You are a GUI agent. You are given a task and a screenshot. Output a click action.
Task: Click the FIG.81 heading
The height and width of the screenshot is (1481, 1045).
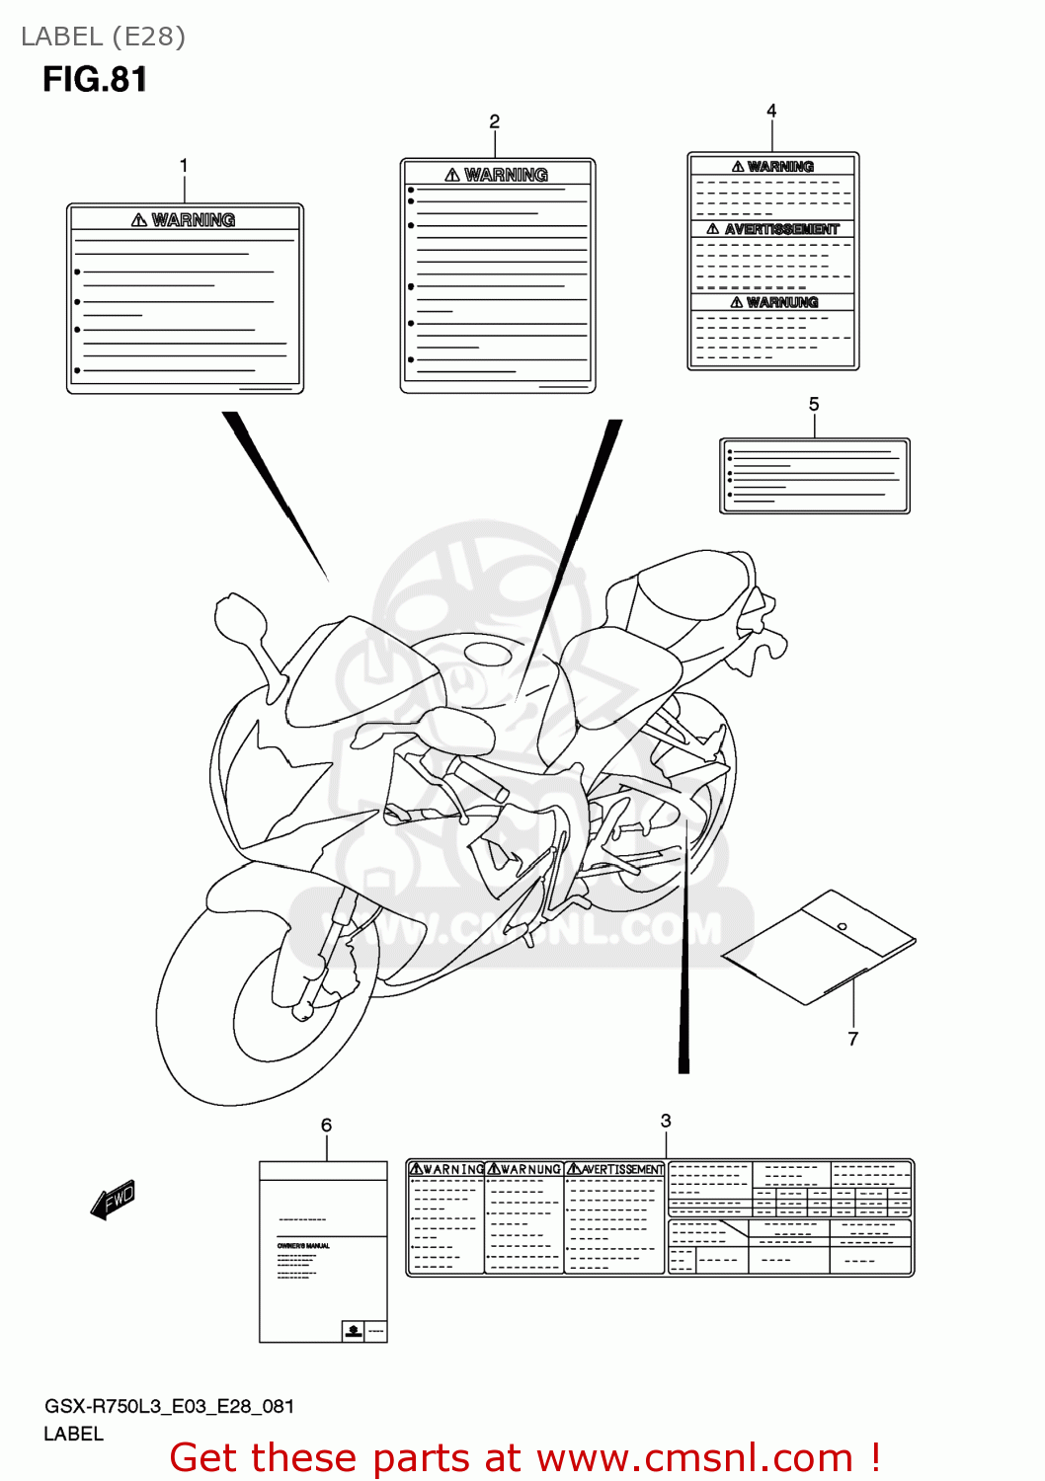95,79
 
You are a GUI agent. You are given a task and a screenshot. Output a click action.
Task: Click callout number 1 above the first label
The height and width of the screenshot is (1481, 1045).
184,165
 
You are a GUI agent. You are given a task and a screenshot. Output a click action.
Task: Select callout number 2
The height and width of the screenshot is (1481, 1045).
495,121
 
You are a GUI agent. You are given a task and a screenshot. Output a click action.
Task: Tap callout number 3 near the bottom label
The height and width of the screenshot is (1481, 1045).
666,1121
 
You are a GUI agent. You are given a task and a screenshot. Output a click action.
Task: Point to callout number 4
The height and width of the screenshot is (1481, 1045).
771,111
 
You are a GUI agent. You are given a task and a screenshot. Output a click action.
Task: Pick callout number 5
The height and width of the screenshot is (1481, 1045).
814,404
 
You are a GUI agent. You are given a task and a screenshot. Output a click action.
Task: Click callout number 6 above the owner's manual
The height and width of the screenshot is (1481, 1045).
326,1125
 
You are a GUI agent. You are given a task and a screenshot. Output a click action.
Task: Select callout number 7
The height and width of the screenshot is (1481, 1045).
853,1039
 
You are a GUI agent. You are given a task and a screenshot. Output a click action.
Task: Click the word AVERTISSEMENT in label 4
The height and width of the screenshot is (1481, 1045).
781,229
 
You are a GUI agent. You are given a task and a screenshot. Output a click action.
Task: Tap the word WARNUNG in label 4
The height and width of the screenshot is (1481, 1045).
782,302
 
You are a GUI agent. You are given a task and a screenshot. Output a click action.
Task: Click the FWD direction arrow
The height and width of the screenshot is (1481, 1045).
113,1200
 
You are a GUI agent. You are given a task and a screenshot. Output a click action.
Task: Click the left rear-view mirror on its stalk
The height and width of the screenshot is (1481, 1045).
238,618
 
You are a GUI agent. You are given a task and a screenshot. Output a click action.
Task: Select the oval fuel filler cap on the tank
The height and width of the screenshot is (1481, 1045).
488,654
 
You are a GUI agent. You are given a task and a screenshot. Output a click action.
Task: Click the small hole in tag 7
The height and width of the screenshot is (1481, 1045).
842,926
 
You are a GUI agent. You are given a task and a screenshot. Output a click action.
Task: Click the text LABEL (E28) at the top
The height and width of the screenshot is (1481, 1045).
103,37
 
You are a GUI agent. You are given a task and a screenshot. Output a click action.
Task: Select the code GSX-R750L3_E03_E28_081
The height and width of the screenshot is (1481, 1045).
169,1406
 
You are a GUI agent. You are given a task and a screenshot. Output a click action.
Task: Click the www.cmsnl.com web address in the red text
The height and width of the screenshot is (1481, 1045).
695,1457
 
